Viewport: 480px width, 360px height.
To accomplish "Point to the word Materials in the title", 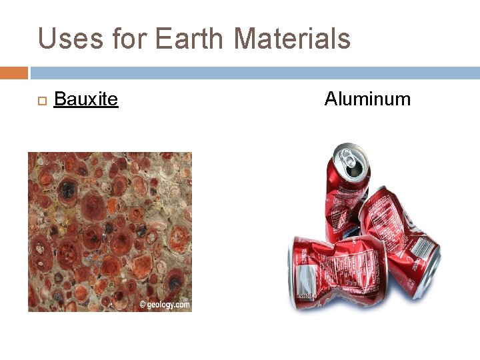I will pos(292,39).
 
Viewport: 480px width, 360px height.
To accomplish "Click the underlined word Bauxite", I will pos(85,100).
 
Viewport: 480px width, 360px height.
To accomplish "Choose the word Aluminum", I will pos(367,99).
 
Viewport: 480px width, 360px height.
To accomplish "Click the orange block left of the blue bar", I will pos(14,73).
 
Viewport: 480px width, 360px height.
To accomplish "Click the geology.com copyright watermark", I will pos(165,305).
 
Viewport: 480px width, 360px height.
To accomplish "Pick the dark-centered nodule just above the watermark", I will pos(175,283).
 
